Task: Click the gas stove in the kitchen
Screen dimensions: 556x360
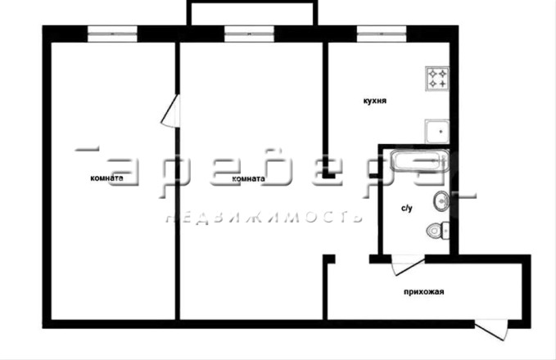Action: pos(437,79)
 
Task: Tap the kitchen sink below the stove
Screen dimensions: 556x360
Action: pos(437,131)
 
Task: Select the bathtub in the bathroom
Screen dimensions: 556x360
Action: pos(419,160)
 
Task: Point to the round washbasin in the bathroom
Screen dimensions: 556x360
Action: pos(441,201)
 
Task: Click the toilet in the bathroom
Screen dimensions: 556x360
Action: pos(438,231)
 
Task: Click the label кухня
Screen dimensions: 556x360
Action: pos(375,101)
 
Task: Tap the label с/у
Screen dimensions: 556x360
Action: pos(407,208)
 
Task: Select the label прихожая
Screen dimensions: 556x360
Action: pos(423,292)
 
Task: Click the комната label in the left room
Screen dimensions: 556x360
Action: pos(106,178)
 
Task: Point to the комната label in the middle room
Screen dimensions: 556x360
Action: pos(248,178)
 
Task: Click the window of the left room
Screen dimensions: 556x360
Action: pos(112,34)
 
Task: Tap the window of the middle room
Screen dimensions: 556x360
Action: pos(249,34)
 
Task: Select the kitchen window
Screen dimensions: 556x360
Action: pos(382,34)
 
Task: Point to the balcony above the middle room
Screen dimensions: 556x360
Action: pos(252,13)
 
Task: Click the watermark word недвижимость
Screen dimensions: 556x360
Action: pos(264,217)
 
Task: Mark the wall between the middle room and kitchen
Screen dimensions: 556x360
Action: pos(325,109)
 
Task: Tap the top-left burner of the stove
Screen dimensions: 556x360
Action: pos(432,74)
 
